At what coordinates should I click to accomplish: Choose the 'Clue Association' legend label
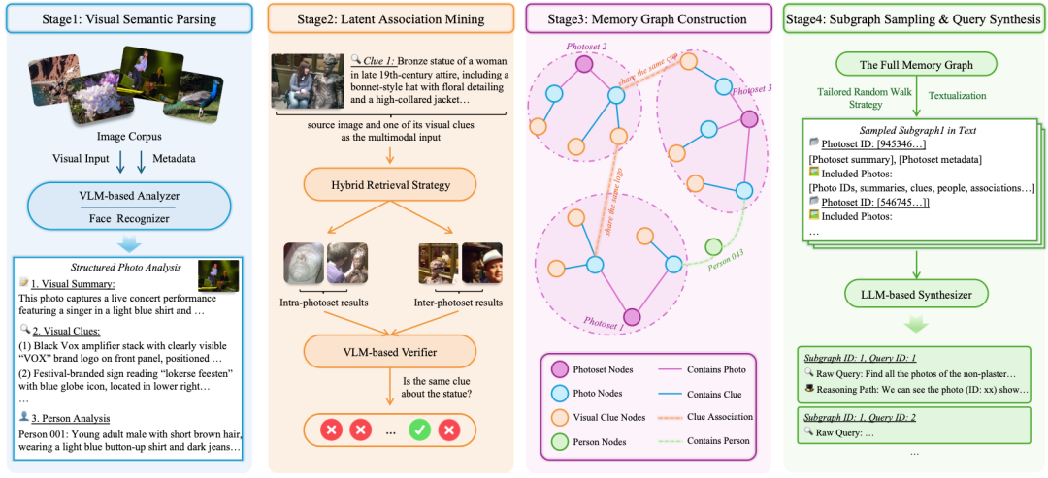coord(719,417)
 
